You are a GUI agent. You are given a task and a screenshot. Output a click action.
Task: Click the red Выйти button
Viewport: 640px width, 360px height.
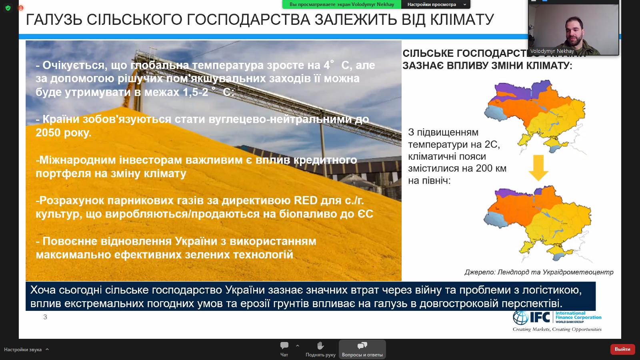pyautogui.click(x=622, y=349)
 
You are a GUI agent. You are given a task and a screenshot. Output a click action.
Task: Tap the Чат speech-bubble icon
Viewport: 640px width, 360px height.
pyautogui.click(x=284, y=346)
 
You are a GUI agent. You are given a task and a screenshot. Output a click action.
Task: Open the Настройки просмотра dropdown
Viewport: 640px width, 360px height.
pyautogui.click(x=436, y=4)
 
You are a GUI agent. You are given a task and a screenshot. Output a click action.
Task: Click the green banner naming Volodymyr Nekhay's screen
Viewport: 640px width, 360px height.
pyautogui.click(x=341, y=4)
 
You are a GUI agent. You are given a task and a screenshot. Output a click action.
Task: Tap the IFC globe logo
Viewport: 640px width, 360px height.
pyautogui.click(x=520, y=318)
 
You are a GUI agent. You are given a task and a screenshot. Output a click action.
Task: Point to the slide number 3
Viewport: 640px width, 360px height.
pyautogui.click(x=45, y=317)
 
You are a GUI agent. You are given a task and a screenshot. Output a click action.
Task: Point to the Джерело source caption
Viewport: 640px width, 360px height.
pyautogui.click(x=538, y=272)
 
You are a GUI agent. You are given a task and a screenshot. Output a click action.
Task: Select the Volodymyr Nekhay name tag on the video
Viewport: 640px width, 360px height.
pyautogui.click(x=552, y=51)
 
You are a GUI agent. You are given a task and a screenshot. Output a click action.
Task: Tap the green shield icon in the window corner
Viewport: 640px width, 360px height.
pyautogui.click(x=8, y=8)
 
